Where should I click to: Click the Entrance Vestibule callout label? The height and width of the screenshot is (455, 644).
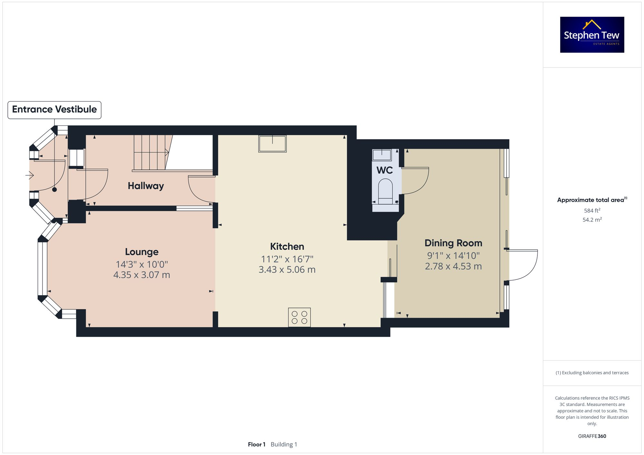[x=54, y=110]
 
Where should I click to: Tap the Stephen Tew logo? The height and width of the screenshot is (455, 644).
[x=592, y=35]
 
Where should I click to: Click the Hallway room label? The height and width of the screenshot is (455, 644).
[x=146, y=186]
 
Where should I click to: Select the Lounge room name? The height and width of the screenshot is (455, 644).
[x=142, y=252]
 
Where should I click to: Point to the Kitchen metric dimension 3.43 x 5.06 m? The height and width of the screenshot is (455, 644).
[x=287, y=269]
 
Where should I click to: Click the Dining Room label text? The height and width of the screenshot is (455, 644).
[x=453, y=243]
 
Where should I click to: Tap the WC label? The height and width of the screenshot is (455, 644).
[x=384, y=170]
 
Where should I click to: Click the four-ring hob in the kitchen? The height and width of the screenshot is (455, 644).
[x=299, y=317]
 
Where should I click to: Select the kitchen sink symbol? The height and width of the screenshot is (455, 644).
[x=272, y=143]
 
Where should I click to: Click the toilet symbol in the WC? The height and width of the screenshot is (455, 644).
[x=385, y=192]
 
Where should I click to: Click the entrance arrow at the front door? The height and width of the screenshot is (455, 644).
[x=30, y=175]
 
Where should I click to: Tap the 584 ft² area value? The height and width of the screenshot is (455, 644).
[x=592, y=211]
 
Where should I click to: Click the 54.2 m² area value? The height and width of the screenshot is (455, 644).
[x=592, y=220]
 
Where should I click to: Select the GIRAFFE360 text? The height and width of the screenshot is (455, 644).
[x=592, y=436]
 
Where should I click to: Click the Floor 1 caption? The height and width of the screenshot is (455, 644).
[x=256, y=444]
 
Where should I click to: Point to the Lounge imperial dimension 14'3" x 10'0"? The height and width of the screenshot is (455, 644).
[x=142, y=264]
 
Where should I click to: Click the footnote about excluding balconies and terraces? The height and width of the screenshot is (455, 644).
[x=592, y=373]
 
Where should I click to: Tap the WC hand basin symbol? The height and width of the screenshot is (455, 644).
[x=382, y=155]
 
